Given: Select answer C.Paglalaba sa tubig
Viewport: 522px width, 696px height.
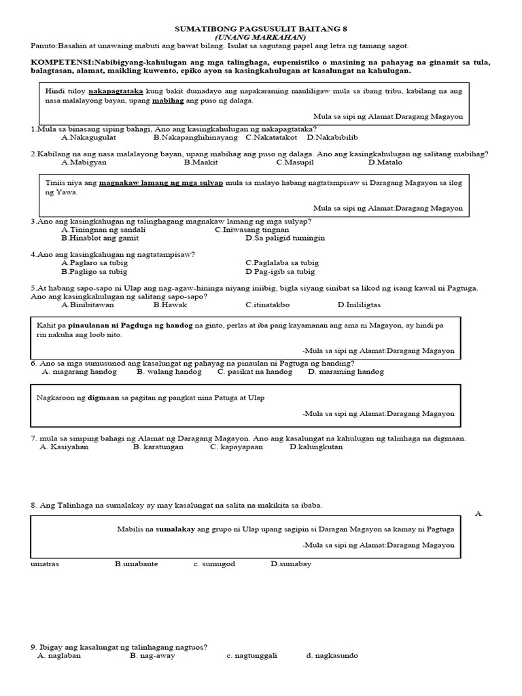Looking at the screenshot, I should (x=282, y=262).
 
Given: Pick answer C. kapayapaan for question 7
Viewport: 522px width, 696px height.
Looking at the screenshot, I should (x=236, y=447).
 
